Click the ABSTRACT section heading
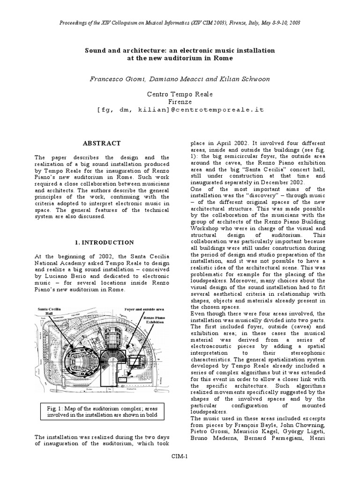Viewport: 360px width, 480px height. pyautogui.click(x=102, y=143)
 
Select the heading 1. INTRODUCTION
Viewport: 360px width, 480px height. pyautogui.click(x=105, y=242)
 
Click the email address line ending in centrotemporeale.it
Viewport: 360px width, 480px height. pyautogui.click(x=180, y=109)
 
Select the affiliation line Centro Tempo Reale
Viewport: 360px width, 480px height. pyautogui.click(x=180, y=94)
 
